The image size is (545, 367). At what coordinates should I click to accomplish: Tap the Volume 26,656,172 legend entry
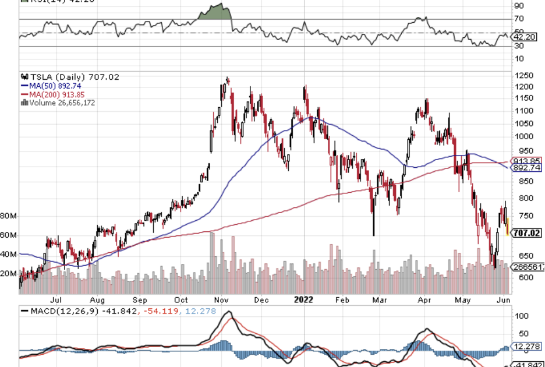(61, 103)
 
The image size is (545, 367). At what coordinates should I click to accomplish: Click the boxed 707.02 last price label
(526, 233)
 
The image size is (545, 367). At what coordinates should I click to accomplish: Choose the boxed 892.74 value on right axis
(526, 168)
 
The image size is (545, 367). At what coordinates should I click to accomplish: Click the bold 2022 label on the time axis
(303, 300)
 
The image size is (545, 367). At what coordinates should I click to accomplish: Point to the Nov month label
(221, 300)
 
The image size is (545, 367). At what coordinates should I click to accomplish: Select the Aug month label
(97, 300)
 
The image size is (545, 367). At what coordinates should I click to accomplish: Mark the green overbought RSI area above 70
(213, 13)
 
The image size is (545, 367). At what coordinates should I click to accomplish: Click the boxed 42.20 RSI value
(526, 36)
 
